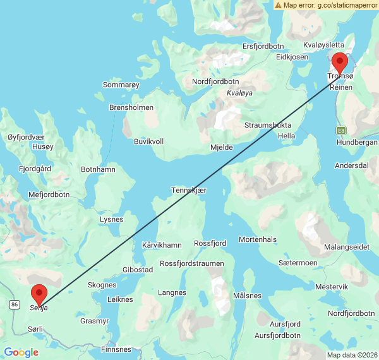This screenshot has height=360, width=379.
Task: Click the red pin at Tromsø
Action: tap(340, 63)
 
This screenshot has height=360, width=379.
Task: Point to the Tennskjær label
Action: tap(189, 191)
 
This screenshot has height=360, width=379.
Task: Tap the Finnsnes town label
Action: tap(116, 349)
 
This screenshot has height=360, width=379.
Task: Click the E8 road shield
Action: tap(342, 130)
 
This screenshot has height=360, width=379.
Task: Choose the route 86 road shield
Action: tap(15, 304)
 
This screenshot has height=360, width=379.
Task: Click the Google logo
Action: tap(21, 352)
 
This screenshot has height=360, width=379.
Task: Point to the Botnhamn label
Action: tap(99, 170)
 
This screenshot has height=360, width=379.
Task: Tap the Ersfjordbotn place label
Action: tap(264, 46)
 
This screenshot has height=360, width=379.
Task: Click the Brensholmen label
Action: tap(131, 108)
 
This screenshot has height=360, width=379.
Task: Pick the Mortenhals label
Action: tap(258, 239)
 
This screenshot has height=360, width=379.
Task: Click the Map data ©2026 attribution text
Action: tap(351, 355)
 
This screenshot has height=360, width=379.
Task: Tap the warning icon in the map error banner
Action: tap(279, 5)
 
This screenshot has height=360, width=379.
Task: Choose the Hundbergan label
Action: tap(357, 143)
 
